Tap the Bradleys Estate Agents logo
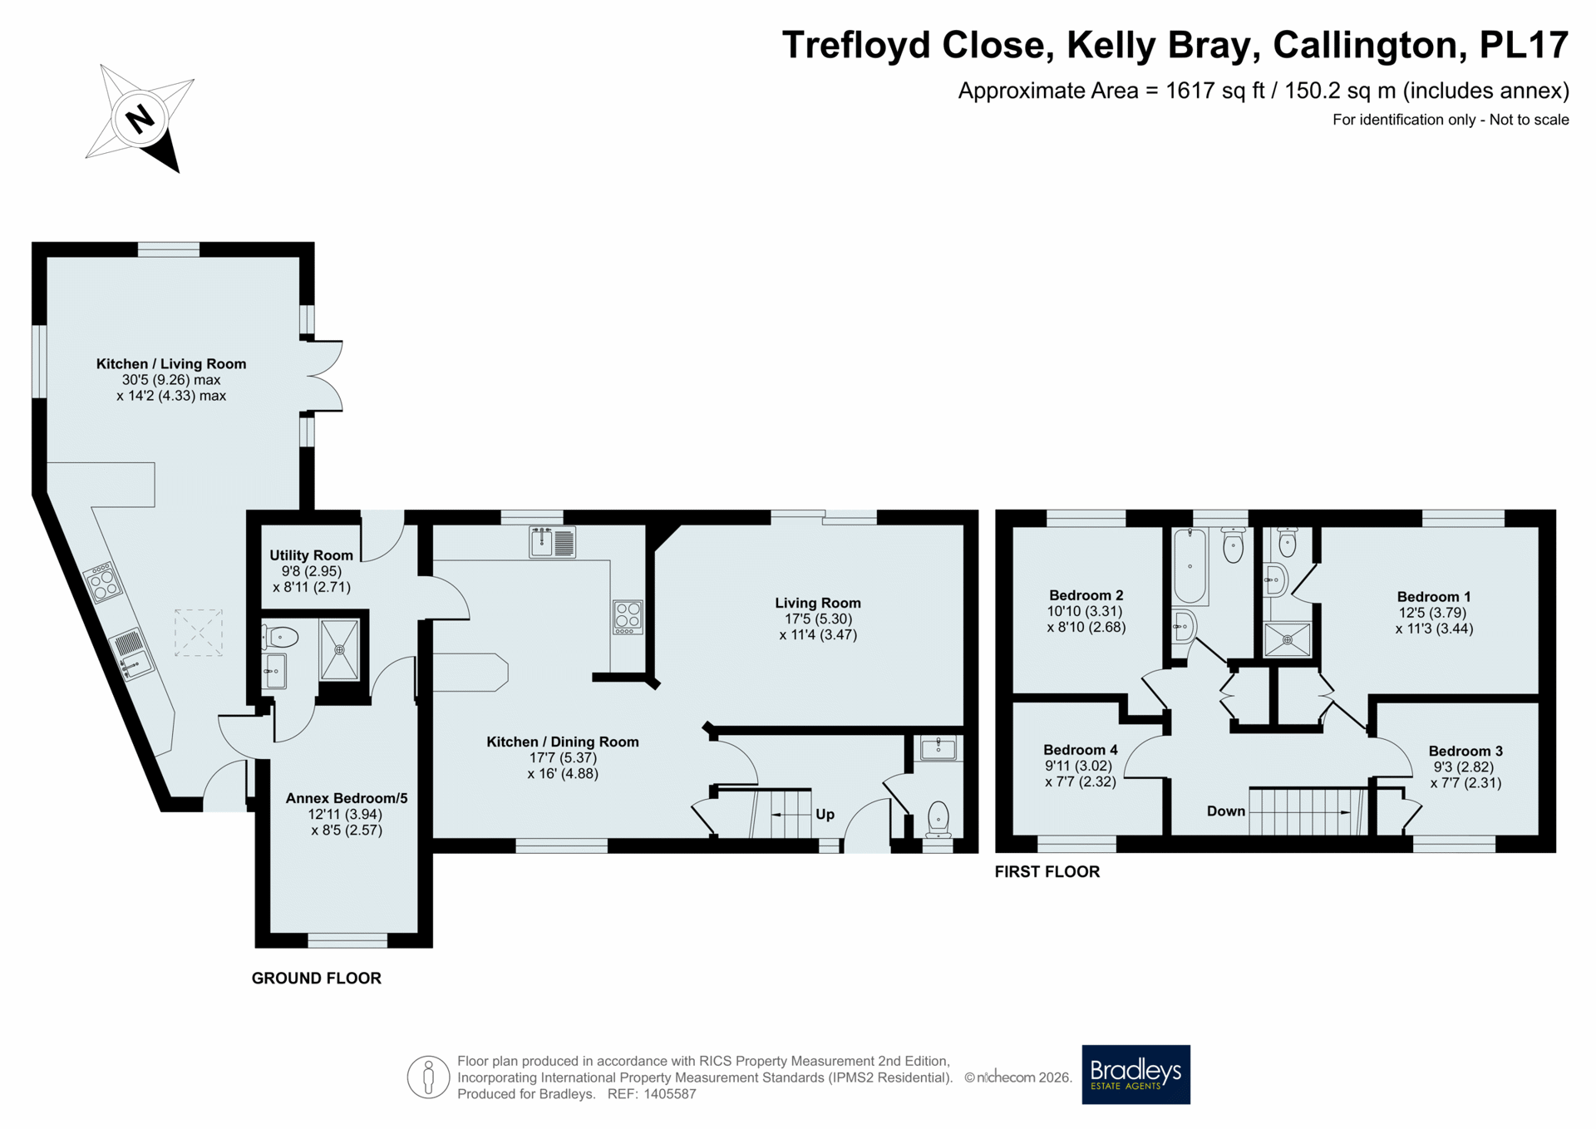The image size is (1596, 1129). (1135, 1074)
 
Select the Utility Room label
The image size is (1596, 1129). (311, 555)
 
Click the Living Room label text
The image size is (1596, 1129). (818, 603)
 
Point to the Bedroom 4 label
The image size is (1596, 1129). (1080, 750)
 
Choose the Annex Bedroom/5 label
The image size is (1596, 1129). (347, 798)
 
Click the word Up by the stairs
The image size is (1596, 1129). (825, 815)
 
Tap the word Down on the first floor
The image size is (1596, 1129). (1226, 811)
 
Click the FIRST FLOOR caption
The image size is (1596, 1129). (1047, 871)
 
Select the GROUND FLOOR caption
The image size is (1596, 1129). (317, 979)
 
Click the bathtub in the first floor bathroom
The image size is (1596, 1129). (1190, 565)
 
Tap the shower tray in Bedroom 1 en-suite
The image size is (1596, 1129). (1287, 639)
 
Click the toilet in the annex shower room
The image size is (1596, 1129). (280, 638)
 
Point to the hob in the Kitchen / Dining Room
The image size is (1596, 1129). (628, 617)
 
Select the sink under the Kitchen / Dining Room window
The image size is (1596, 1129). (552, 542)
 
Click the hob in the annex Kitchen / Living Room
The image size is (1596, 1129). (103, 582)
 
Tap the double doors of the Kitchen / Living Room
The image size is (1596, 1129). (324, 376)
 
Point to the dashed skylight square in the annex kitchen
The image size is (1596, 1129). (199, 633)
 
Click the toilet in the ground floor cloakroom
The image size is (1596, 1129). (938, 819)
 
